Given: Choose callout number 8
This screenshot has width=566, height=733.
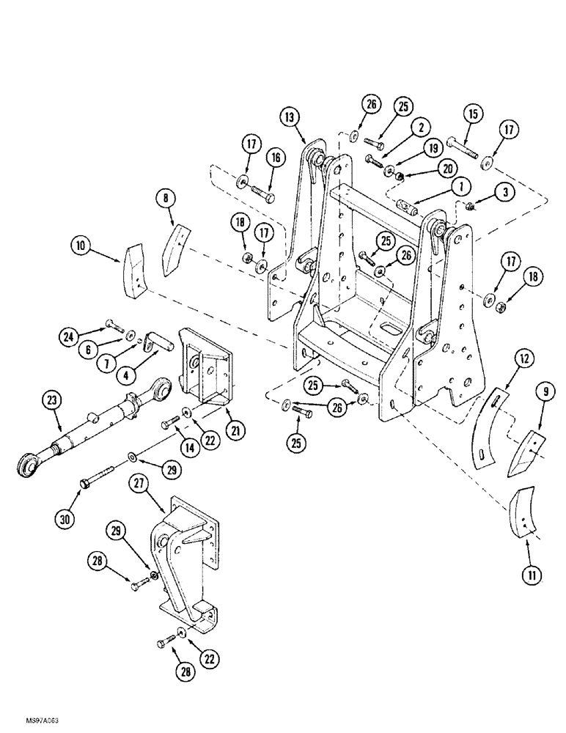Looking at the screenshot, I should click(164, 199).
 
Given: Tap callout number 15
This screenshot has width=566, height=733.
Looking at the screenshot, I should click(471, 115).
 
